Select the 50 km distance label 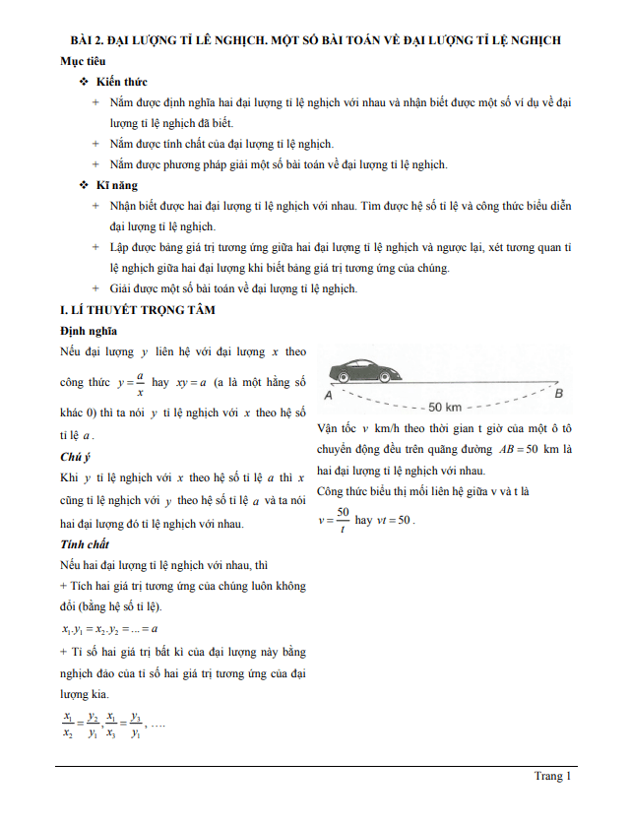pyautogui.click(x=444, y=407)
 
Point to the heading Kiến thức pyautogui.click(x=122, y=81)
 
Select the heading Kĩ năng pyautogui.click(x=117, y=185)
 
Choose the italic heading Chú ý pyautogui.click(x=76, y=457)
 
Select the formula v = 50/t pyautogui.click(x=335, y=519)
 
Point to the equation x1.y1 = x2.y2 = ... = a pyautogui.click(x=109, y=628)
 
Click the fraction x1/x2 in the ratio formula pyautogui.click(x=67, y=725)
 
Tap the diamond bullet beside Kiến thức pyautogui.click(x=84, y=82)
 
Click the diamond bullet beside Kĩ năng pyautogui.click(x=84, y=186)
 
